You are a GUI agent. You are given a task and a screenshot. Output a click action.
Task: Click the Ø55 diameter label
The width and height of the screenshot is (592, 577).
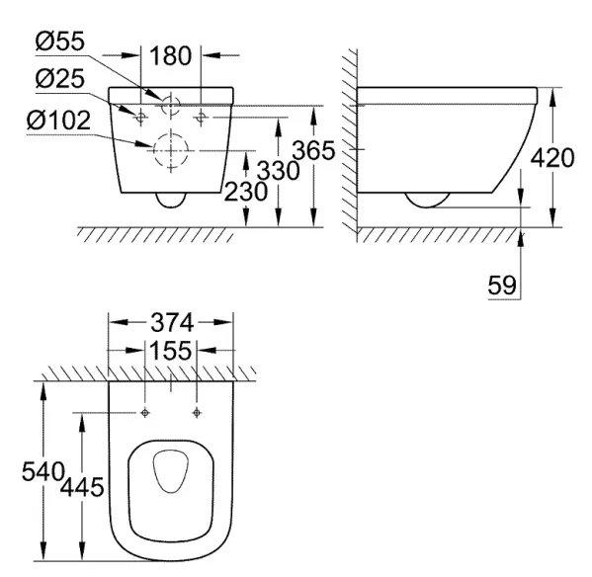tap(60, 41)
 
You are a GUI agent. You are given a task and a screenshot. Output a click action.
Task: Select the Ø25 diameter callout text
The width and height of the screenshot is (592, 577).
tap(60, 79)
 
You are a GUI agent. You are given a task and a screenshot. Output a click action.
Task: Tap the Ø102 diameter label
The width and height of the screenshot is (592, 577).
tap(59, 121)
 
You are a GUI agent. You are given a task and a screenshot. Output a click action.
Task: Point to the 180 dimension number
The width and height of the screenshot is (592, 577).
tap(171, 56)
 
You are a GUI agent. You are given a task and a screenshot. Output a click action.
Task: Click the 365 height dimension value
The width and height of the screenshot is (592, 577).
tap(313, 150)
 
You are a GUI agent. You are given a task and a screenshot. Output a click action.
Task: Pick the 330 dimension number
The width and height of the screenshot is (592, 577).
tap(279, 171)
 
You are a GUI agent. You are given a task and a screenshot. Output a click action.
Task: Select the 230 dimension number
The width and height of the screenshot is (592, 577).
tap(246, 192)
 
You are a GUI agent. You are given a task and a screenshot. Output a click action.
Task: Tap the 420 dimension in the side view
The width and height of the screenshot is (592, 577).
tap(552, 158)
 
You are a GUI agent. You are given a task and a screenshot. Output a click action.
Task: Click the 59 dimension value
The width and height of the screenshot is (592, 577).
tap(502, 285)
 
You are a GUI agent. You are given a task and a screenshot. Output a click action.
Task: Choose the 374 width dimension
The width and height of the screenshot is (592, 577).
tap(172, 323)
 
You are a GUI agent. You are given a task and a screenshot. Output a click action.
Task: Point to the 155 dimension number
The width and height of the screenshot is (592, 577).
tap(171, 351)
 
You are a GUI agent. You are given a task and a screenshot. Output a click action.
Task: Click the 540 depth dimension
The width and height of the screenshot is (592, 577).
tap(42, 471)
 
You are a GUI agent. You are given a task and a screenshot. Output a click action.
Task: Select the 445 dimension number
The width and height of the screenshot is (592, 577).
tap(82, 487)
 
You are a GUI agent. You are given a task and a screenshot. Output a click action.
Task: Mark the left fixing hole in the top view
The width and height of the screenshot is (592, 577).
tap(145, 413)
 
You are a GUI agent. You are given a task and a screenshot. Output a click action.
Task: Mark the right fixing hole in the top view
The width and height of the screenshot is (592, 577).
tap(197, 413)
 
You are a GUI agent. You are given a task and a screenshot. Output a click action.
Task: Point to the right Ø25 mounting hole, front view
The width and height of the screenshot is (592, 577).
tap(201, 118)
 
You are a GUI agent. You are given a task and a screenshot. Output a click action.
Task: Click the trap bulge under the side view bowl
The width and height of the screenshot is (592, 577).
tap(427, 206)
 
